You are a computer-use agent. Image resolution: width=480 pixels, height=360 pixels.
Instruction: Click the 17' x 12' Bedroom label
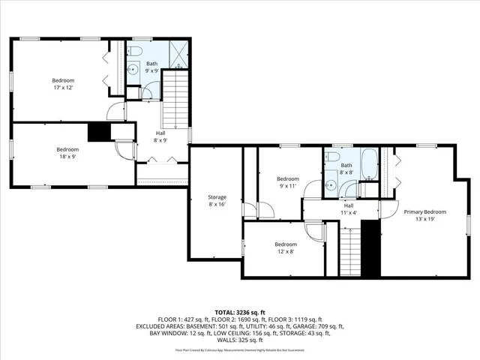tap(62, 84)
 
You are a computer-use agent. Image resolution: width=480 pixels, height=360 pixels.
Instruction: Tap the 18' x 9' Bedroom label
tap(67, 153)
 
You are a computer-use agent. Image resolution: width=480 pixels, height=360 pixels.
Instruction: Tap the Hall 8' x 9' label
tap(159, 136)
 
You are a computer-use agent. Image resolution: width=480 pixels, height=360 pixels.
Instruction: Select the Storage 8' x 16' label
tap(217, 201)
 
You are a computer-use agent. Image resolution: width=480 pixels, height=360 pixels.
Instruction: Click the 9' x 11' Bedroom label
tap(287, 182)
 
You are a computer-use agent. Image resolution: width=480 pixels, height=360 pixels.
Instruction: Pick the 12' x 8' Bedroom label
tap(284, 248)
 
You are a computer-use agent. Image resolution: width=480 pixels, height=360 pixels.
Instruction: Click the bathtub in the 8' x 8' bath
tap(370, 161)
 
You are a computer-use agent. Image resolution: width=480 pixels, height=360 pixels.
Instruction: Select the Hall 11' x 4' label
tap(349, 209)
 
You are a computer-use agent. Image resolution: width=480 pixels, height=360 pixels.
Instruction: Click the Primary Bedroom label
tap(424, 215)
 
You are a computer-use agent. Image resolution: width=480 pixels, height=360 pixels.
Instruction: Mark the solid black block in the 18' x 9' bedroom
tap(99, 132)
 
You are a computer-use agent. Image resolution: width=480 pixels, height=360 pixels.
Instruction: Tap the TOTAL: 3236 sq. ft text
tap(239, 311)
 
